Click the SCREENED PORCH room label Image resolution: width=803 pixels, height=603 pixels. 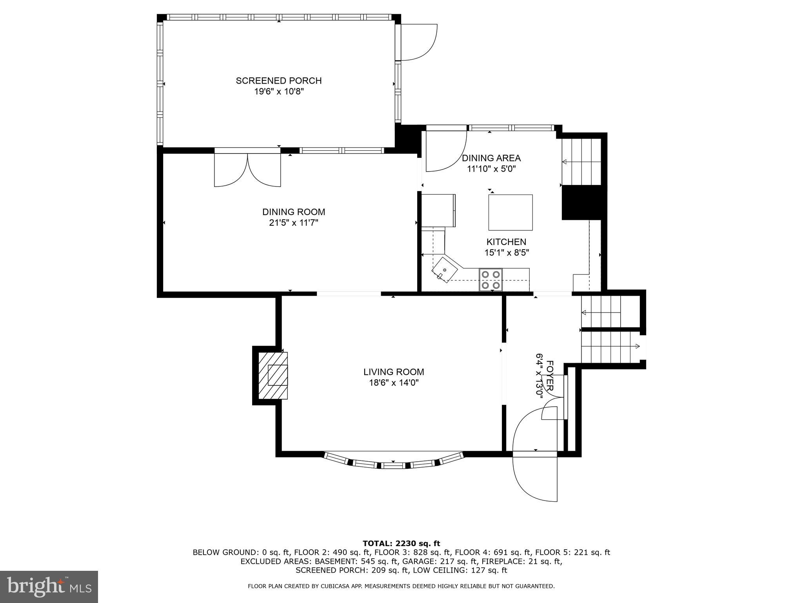pyautogui.click(x=278, y=80)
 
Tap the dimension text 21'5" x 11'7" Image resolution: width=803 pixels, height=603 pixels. pyautogui.click(x=294, y=223)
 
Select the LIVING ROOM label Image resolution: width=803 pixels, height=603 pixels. pyautogui.click(x=394, y=372)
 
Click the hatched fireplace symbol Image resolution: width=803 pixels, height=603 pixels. pyautogui.click(x=273, y=375)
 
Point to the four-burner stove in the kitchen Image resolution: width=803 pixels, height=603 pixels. pyautogui.click(x=491, y=280)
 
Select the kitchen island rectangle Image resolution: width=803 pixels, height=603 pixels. pyautogui.click(x=510, y=212)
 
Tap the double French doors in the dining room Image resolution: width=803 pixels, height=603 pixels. pyautogui.click(x=247, y=170)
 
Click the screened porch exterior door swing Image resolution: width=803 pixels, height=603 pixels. pyautogui.click(x=418, y=42)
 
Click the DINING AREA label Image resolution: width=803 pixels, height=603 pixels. pyautogui.click(x=491, y=158)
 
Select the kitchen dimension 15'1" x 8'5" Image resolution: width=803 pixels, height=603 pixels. pyautogui.click(x=507, y=253)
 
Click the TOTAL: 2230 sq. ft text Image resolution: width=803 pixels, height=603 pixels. pyautogui.click(x=401, y=543)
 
